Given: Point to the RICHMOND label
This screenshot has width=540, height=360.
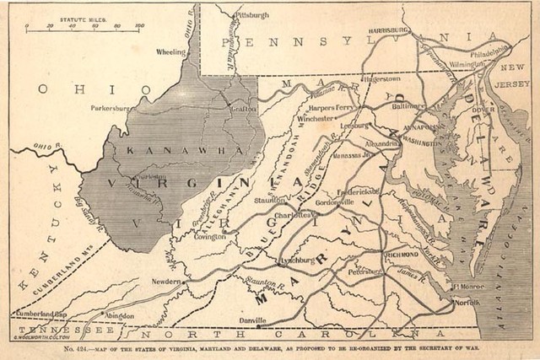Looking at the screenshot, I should tap(401, 253).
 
